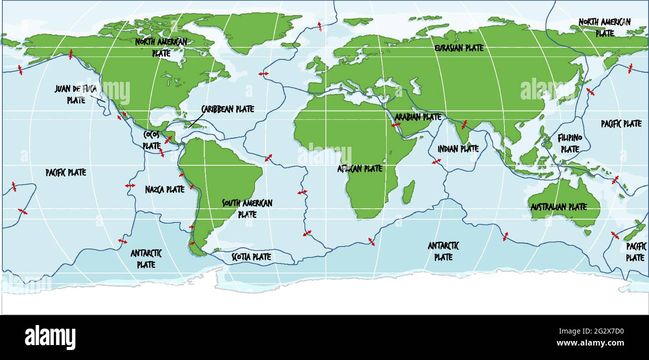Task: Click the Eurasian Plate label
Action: tap(459, 48)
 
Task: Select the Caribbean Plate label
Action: tap(227, 109)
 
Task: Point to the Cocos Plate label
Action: tap(151, 140)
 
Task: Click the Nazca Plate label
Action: tap(165, 189)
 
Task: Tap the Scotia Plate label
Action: tap(251, 257)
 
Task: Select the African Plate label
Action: tap(359, 169)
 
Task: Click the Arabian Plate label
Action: tap(418, 117)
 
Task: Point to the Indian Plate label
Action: tap(458, 148)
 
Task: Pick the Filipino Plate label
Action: tap(570, 142)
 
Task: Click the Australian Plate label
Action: tap(558, 206)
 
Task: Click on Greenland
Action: tap(250, 30)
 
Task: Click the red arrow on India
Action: tap(464, 124)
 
